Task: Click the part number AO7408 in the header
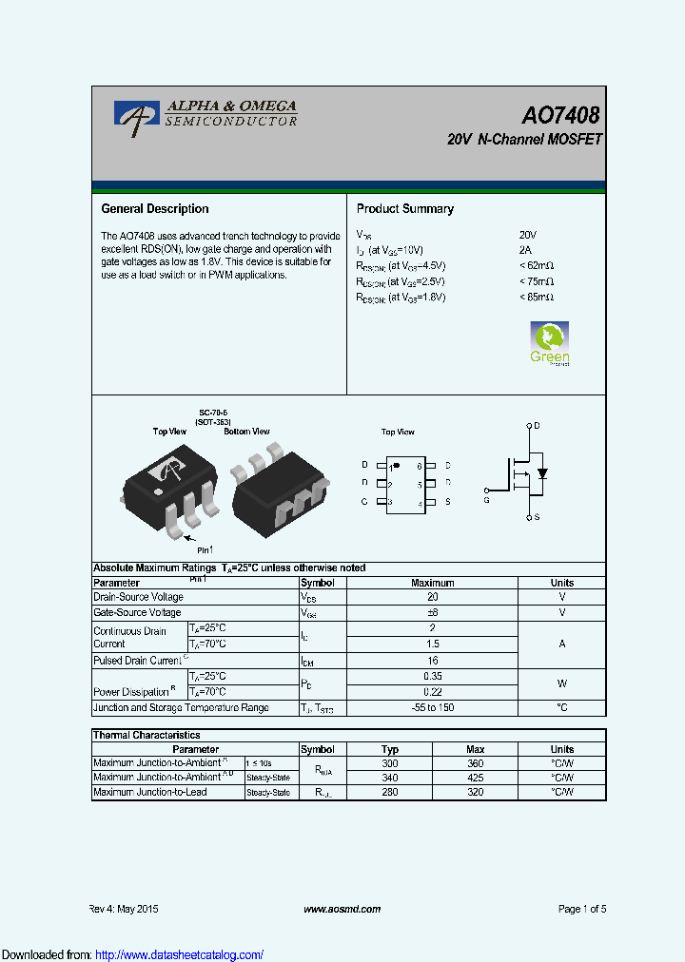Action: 560,116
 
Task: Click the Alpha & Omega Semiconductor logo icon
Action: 137,115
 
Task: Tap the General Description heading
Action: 155,209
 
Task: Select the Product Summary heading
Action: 404,209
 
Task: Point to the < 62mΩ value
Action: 537,266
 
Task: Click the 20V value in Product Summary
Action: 528,235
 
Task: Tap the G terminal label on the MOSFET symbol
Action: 486,499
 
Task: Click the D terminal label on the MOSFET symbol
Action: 537,426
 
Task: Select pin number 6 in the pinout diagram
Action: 419,467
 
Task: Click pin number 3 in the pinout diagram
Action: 391,502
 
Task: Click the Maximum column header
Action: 432,583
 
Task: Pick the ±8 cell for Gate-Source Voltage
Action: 432,613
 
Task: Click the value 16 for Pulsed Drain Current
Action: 432,660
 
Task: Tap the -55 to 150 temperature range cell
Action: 432,708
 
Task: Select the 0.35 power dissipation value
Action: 432,676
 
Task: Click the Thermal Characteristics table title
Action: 147,735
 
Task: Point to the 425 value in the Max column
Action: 476,778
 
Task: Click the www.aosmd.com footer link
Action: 342,909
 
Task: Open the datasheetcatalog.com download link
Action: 180,954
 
